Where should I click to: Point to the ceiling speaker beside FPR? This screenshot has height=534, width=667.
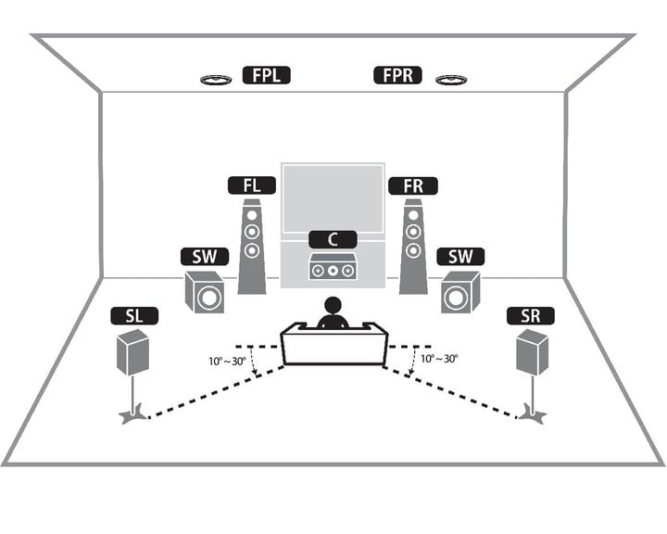pyautogui.click(x=451, y=80)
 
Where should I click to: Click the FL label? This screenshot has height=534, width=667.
pyautogui.click(x=252, y=184)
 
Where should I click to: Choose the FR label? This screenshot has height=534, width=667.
pyautogui.click(x=413, y=184)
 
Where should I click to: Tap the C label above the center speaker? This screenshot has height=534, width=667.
pyautogui.click(x=332, y=239)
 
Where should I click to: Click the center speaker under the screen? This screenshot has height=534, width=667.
pyautogui.click(x=332, y=270)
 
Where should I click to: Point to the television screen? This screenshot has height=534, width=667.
pyautogui.click(x=332, y=197)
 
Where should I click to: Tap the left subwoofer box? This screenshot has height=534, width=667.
pyautogui.click(x=205, y=293)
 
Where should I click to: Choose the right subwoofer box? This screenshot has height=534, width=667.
pyautogui.click(x=459, y=293)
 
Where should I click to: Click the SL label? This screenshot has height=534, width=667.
pyautogui.click(x=134, y=316)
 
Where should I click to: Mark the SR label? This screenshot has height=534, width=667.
pyautogui.click(x=530, y=316)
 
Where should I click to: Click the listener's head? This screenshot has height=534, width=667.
pyautogui.click(x=331, y=306)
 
